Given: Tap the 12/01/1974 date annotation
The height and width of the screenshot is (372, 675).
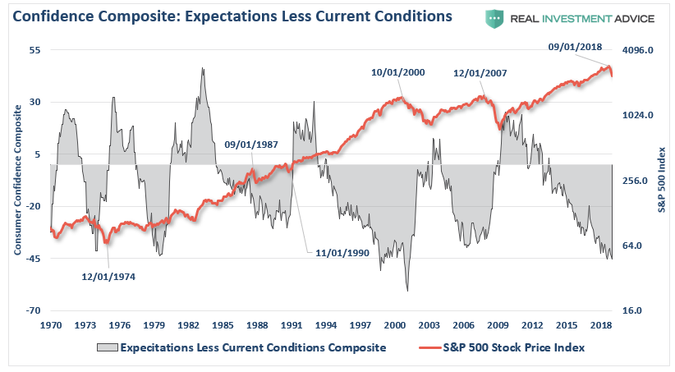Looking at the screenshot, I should coord(108,277).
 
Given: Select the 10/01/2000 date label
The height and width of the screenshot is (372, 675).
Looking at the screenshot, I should coord(398,72).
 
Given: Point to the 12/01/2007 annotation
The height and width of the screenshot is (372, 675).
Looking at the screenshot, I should coord(480,73).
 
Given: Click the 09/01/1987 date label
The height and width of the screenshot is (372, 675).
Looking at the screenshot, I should coord(251,144).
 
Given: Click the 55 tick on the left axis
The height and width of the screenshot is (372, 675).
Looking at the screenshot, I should coord(35,50).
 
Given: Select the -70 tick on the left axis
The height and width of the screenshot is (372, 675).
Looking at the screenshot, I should coord(34,310).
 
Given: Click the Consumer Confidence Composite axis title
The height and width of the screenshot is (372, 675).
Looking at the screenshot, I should coord(17,181).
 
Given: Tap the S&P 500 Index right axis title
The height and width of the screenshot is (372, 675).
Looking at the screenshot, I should coord(661,181).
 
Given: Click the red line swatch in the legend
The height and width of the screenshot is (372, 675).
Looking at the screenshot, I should coord(430,347).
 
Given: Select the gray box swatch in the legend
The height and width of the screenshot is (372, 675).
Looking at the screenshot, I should coord(106,347).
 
